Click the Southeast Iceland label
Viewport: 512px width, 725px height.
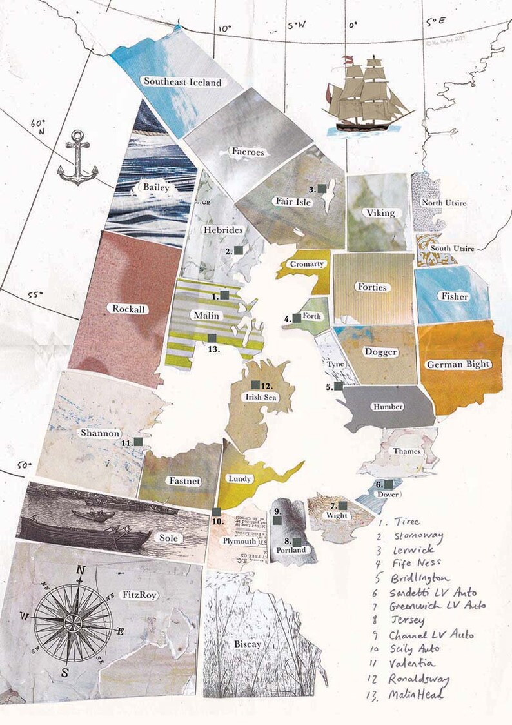[x=182, y=82]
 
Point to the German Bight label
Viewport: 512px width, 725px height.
[x=458, y=364]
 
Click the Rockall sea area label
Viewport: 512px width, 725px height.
[x=129, y=309]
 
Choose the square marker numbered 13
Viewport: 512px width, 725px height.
[x=212, y=338]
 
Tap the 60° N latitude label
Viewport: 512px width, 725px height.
[x=39, y=127]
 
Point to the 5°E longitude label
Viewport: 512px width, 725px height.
[x=435, y=22]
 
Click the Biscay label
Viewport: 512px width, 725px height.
[x=248, y=644]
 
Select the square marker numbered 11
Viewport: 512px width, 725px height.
[x=138, y=442]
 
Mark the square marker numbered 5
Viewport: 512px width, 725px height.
[x=339, y=386]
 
